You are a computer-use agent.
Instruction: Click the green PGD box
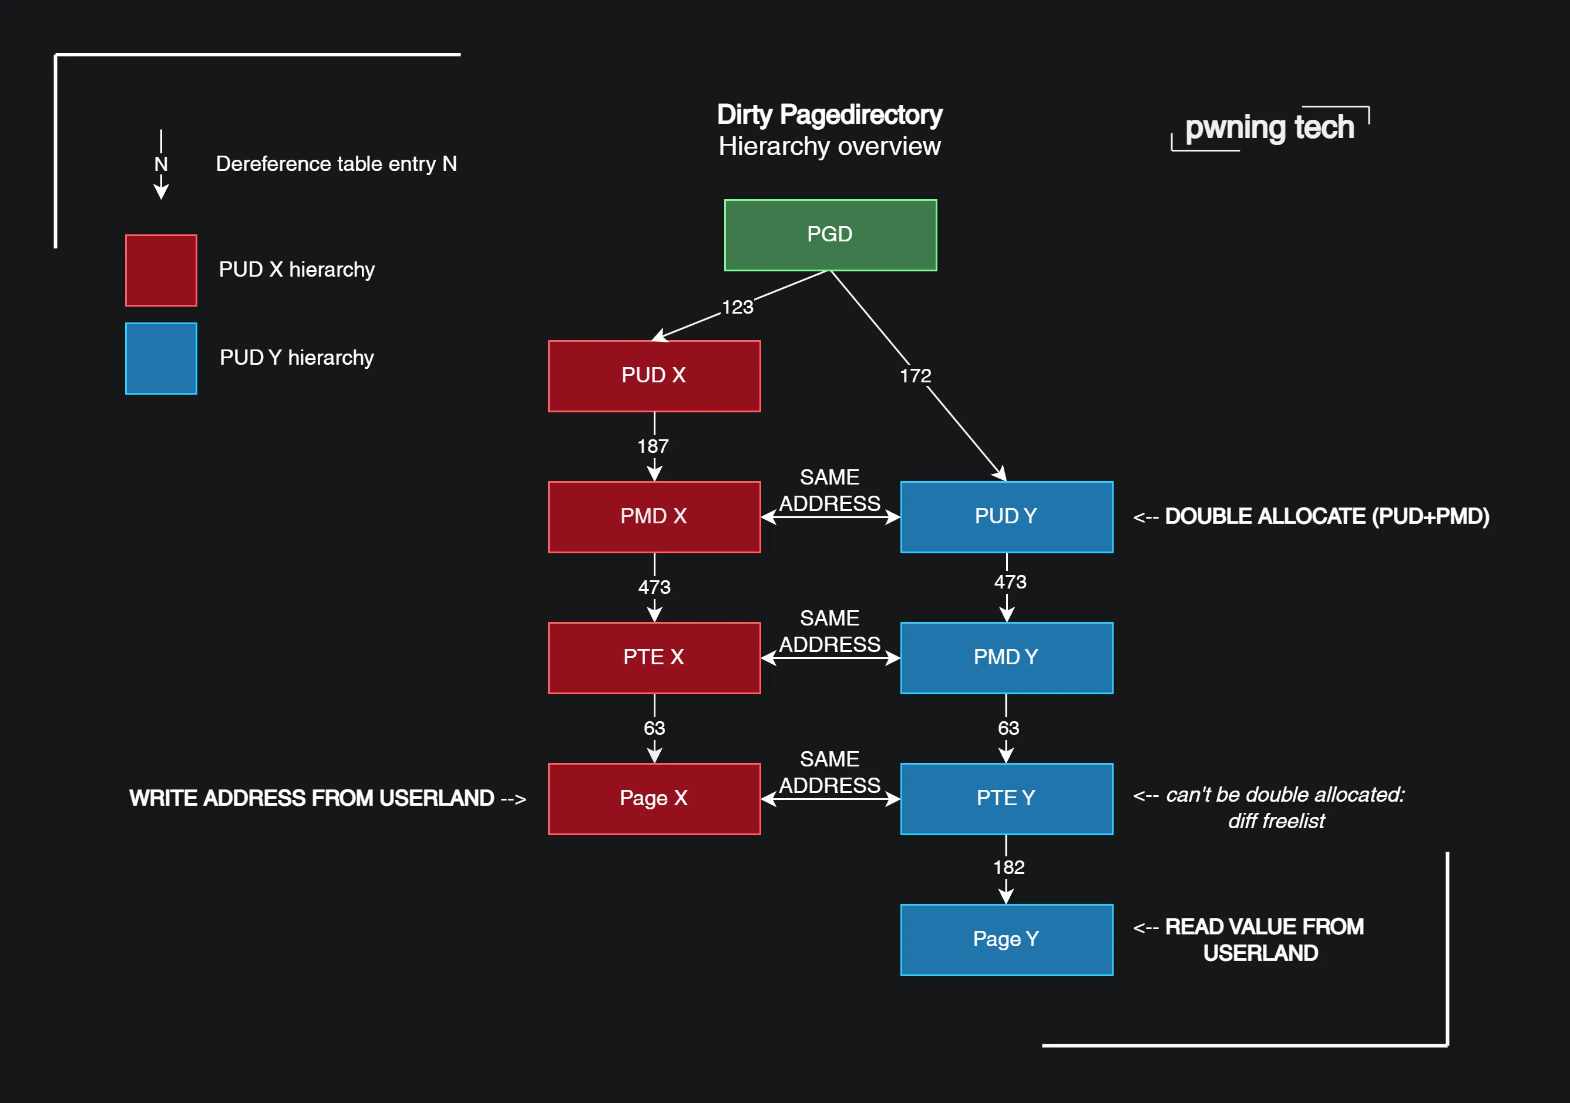pos(830,234)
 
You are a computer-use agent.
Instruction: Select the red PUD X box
pos(654,375)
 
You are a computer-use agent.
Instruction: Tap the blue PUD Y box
pos(1006,516)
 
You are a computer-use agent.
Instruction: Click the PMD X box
pos(654,516)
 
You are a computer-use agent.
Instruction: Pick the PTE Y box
pos(1006,798)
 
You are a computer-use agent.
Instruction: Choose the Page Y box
pos(1006,939)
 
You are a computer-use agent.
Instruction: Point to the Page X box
pos(654,798)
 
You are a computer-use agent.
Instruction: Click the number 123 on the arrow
pos(737,307)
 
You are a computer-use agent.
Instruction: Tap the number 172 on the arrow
pos(915,375)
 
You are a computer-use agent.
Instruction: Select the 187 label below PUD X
pos(653,446)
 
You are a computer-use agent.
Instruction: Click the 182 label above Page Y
pos(1008,867)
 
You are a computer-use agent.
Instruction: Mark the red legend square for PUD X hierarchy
pos(161,270)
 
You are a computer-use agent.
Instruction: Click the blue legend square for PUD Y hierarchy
pos(161,358)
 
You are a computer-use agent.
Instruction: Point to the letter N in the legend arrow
pos(161,164)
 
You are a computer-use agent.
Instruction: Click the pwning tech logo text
pos(1269,128)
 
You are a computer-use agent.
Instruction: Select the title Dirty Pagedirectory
pos(829,114)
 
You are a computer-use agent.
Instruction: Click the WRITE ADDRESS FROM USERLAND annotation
pos(312,798)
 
